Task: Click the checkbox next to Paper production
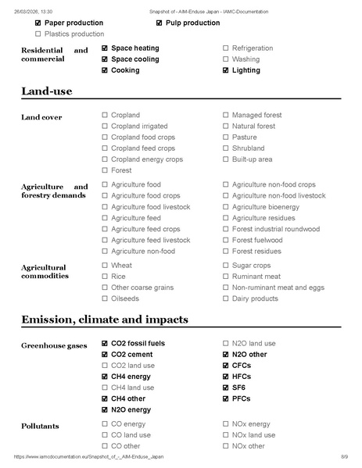(x=38, y=23)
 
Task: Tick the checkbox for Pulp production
(x=159, y=23)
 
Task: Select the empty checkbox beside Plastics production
(x=38, y=34)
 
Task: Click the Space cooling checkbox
(x=105, y=59)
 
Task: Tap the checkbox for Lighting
(x=226, y=70)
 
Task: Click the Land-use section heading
(x=46, y=92)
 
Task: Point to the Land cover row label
(x=41, y=117)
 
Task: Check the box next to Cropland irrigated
(x=105, y=126)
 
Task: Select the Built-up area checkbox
(x=226, y=159)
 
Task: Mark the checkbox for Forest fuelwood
(x=226, y=241)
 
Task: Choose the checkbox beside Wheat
(x=105, y=266)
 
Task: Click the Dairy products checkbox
(x=226, y=298)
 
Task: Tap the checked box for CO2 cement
(x=105, y=355)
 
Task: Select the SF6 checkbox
(x=226, y=388)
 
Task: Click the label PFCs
(x=242, y=398)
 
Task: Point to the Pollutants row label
(x=40, y=426)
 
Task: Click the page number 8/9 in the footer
(x=344, y=455)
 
